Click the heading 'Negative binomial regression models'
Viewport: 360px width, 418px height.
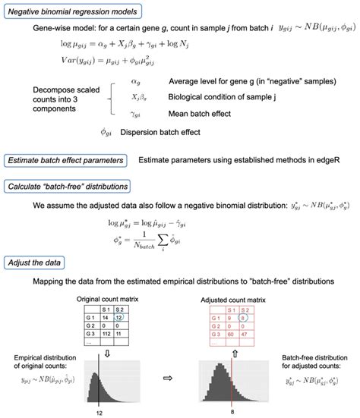point(72,12)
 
